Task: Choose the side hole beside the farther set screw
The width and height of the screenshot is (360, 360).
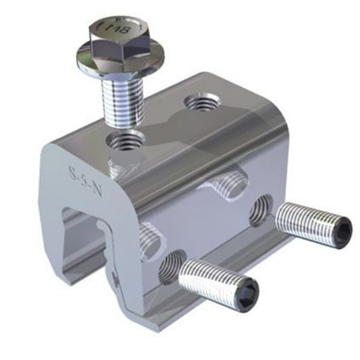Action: pos(260,210)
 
